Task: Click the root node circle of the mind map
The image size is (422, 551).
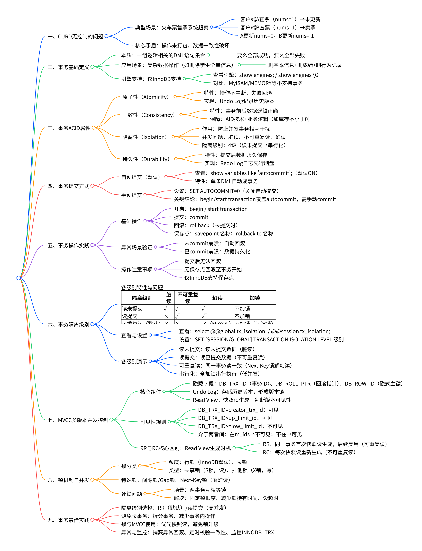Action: click(19, 278)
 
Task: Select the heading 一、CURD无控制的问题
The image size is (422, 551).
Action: click(75, 37)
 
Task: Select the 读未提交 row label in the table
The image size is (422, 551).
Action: click(132, 309)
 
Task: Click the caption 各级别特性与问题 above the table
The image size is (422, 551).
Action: click(142, 287)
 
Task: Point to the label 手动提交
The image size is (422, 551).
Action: click(131, 195)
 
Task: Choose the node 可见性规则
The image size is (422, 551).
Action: click(153, 422)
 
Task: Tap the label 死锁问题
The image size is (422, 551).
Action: click(131, 494)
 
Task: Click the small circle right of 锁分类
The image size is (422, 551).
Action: click(140, 466)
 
